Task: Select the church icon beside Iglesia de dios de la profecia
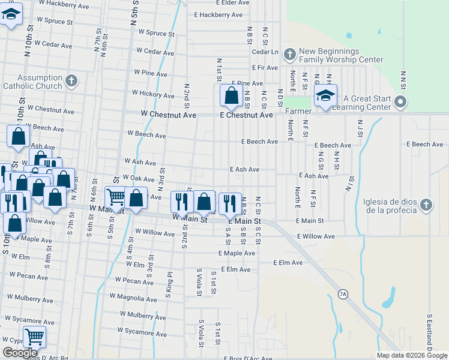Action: (x=426, y=205)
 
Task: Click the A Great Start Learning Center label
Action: (x=366, y=103)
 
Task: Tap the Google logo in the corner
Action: (x=20, y=353)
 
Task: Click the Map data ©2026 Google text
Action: (x=412, y=355)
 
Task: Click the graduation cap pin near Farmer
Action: (x=325, y=96)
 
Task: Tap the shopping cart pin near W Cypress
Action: (x=35, y=337)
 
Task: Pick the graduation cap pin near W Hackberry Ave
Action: (x=10, y=14)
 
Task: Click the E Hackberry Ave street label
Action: (x=218, y=14)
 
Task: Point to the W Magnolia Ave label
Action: (x=133, y=296)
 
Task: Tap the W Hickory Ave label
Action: (x=154, y=94)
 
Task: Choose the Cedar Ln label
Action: (x=266, y=52)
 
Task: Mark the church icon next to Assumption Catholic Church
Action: (x=71, y=80)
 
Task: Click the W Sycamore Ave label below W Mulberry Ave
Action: (x=142, y=331)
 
